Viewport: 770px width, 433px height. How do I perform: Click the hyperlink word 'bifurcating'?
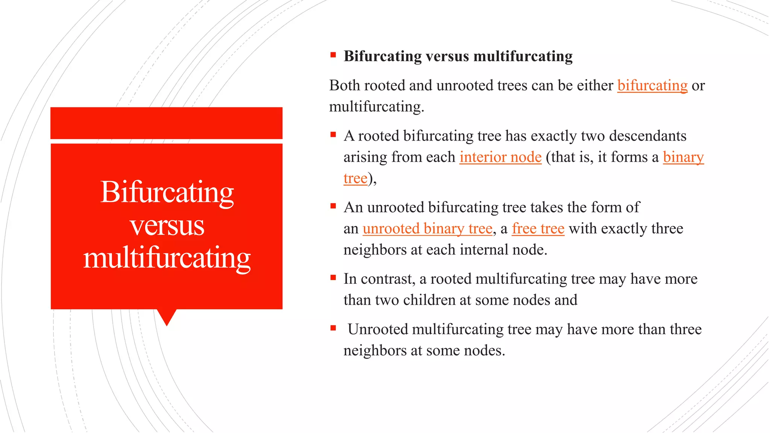(x=652, y=86)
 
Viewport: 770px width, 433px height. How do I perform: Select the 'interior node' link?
(x=500, y=157)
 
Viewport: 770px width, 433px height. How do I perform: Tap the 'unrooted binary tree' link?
(x=427, y=229)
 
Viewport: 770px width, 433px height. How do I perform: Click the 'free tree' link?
(x=538, y=229)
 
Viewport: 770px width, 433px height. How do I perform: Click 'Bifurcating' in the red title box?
(x=167, y=192)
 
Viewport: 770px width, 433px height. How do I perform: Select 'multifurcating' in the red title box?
(x=167, y=258)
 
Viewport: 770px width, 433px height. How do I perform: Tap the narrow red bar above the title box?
(x=166, y=123)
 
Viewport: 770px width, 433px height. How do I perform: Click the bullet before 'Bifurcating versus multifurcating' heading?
(x=333, y=55)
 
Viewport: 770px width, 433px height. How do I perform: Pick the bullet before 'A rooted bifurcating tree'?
(x=333, y=135)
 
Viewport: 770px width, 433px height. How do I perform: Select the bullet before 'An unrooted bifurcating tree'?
(x=333, y=206)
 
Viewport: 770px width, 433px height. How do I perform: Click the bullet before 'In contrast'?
(x=333, y=278)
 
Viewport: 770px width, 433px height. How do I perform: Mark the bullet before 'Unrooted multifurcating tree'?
(x=333, y=328)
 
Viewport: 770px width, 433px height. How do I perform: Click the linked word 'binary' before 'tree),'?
(x=683, y=157)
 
